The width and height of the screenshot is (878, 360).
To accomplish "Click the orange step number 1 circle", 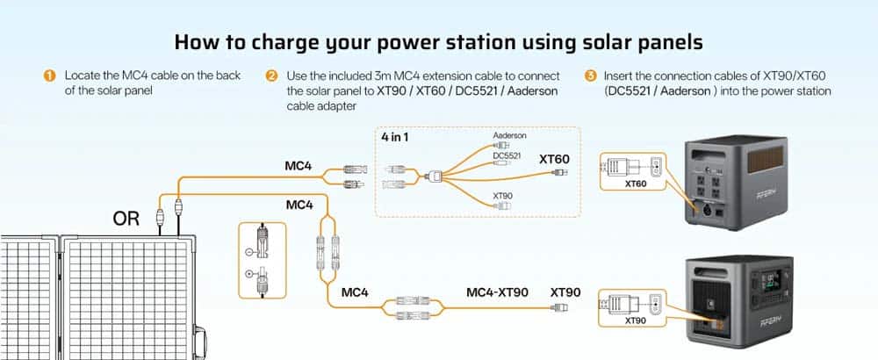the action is pos(49,76).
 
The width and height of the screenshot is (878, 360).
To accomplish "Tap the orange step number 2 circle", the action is pos(271,76).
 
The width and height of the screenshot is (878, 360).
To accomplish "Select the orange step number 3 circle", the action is pos(590,76).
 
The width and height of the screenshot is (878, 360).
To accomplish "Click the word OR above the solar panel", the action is pos(126,219).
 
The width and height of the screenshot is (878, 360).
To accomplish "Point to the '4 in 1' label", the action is pos(395,137).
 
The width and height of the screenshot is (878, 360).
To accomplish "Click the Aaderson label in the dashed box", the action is pos(509,135).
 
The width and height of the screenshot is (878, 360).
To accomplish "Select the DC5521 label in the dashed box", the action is pos(507,155).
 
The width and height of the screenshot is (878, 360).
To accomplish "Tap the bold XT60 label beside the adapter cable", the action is pos(554,159).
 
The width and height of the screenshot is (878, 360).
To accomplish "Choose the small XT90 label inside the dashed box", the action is pos(502,196).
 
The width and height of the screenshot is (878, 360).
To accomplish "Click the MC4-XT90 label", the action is pos(497,292).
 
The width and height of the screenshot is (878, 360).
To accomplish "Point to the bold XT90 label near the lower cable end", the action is pos(565,292).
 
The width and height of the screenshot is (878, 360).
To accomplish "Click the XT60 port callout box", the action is pos(632,170).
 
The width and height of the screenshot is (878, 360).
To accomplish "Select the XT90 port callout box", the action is pos(632,308).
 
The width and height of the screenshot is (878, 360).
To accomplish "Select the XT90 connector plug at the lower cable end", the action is pos(560,307).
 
